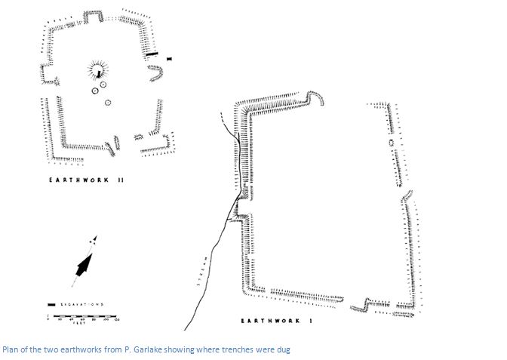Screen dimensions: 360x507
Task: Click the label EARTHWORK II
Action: (87, 180)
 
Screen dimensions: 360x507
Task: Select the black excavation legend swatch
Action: (51, 304)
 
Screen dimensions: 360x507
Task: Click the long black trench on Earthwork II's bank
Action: (151, 54)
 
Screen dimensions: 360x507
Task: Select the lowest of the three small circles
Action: (108, 102)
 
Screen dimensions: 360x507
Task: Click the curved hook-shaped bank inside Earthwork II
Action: (156, 72)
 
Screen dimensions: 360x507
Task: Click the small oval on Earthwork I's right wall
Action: (392, 141)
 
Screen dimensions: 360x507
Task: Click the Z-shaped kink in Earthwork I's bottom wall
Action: (361, 304)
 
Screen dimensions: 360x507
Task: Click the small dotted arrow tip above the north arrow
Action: (94, 240)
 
